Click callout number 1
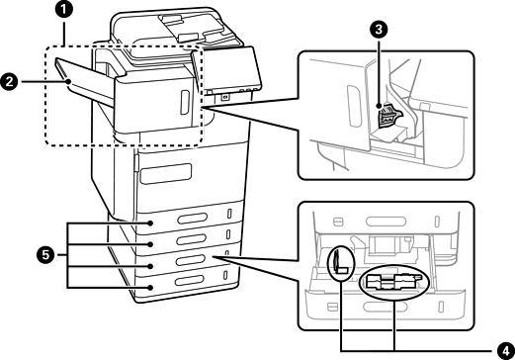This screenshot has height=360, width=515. tap(63, 10)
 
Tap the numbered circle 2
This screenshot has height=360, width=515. tap(9, 81)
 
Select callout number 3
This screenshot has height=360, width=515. tap(379, 30)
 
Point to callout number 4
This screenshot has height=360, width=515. tap(506, 350)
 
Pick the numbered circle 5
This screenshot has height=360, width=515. tap(45, 255)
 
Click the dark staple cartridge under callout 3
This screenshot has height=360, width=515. tap(388, 116)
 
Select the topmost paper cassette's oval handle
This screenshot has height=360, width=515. tap(192, 219)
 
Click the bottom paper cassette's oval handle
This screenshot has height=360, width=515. tap(189, 281)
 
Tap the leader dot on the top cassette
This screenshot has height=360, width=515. tap(150, 224)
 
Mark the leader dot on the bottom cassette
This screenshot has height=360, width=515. tap(150, 288)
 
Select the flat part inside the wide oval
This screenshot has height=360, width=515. tap(393, 282)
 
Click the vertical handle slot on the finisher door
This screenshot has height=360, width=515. tap(185, 103)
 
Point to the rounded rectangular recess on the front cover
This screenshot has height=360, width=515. tap(166, 173)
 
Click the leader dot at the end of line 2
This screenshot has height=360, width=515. tap(68, 81)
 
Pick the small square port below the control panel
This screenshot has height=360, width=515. tap(225, 97)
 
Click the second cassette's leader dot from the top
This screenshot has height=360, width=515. tap(150, 244)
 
